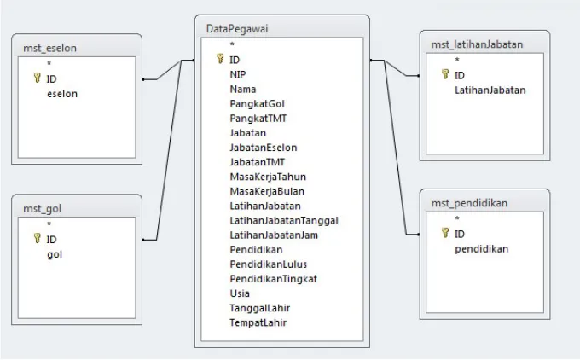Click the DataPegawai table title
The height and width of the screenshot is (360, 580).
pos(237,29)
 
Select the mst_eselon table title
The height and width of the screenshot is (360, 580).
pos(50,48)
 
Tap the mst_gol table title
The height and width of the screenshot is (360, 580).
pos(42,209)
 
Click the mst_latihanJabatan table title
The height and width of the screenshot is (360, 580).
pos(477,44)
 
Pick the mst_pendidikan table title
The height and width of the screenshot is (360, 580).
pos(469,203)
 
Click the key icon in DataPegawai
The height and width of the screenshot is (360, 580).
pos(220,59)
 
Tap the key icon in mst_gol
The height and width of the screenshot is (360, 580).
pos(37,238)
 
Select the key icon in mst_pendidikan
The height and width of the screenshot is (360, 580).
pos(445,232)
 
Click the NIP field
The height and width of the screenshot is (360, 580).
pos(238,75)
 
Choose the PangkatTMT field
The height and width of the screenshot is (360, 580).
pos(258,119)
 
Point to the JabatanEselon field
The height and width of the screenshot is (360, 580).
pos(264,148)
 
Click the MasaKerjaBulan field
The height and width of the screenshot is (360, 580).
pos(267,191)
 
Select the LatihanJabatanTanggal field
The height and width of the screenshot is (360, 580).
pos(284,220)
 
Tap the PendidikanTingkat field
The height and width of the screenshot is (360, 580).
pos(274,279)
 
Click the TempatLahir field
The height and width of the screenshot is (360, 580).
pos(258,322)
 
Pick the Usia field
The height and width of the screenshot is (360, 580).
pos(240,293)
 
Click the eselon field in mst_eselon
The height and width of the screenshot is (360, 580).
pos(62,94)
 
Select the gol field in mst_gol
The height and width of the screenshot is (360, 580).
pos(55,254)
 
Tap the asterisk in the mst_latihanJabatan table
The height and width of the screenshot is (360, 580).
pos(457,60)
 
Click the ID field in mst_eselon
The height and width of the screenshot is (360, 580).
pos(51,78)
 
